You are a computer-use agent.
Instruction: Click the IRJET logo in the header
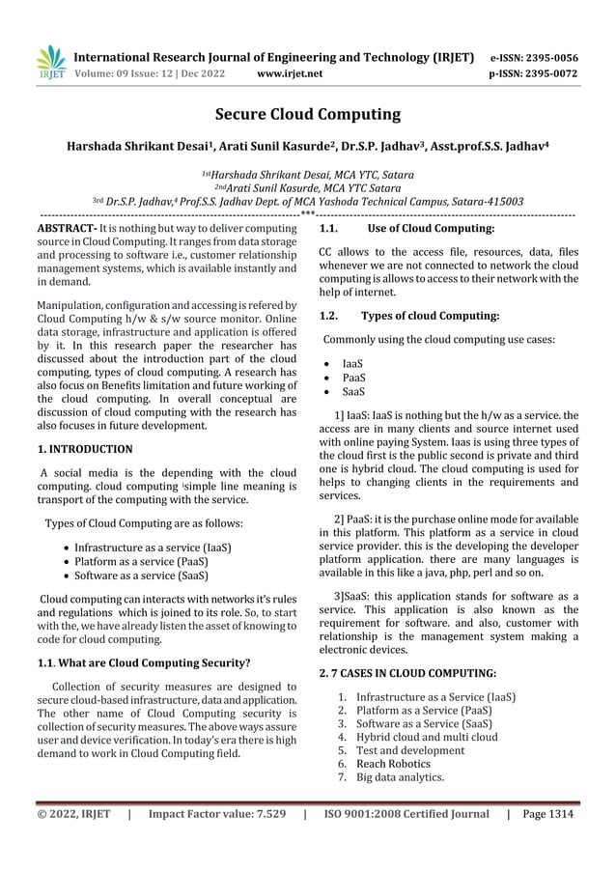(x=50, y=62)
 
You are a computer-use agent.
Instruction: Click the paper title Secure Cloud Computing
(x=307, y=115)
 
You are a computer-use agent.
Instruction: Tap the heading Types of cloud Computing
(x=429, y=316)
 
